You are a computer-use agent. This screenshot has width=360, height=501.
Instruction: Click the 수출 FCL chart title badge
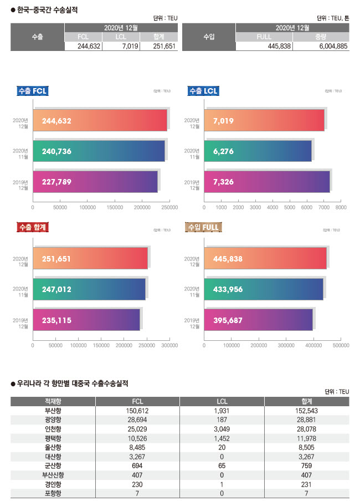coord(33,91)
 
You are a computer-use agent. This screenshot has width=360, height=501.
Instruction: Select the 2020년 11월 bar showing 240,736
coord(99,151)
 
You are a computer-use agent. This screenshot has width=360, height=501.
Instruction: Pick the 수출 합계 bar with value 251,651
coord(90,259)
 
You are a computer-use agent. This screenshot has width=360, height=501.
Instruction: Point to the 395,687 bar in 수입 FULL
coord(259,320)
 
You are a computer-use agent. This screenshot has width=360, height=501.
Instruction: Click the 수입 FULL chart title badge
coord(204,227)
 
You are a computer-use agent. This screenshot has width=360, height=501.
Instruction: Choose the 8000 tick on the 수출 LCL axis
coord(341,207)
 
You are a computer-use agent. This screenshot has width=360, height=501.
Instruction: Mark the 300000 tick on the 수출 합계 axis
coord(169,345)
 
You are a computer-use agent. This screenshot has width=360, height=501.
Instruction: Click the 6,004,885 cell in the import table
coord(321,47)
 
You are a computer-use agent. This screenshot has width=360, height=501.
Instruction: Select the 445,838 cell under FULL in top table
coord(264,47)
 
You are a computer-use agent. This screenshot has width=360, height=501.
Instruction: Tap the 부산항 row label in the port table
coord(53,411)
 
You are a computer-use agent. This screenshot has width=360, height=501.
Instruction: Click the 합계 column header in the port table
coord(307,401)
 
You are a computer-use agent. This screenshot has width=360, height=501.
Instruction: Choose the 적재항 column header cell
coord(53,401)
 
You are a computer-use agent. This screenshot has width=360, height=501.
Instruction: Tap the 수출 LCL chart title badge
coord(203,91)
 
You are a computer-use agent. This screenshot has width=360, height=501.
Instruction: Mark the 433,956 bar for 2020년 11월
coord(264,289)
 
